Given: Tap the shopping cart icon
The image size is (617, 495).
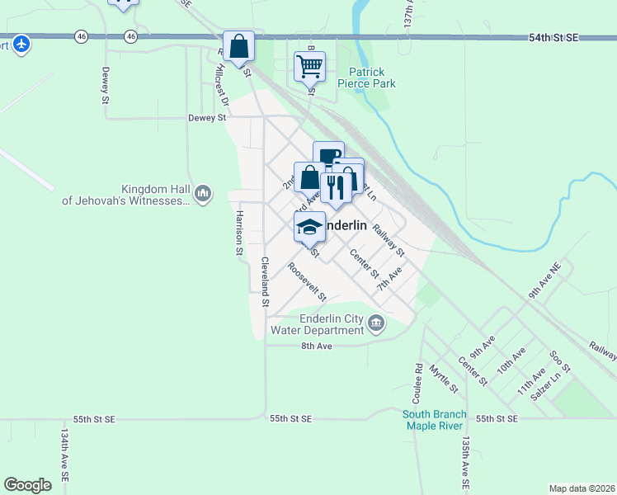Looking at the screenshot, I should coord(309,67).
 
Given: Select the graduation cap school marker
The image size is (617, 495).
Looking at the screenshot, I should coord(309,226).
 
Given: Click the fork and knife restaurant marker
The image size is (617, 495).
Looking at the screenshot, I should coord(336,189).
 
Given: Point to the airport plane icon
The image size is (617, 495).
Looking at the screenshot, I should coord(21,42).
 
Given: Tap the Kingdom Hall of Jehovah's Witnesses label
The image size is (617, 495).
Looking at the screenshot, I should coord(126,194).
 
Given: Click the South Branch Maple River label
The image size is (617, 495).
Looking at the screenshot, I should coord(435,420).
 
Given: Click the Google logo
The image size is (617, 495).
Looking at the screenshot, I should coord(27,485).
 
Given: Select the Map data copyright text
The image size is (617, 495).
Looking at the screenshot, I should coord(581,488).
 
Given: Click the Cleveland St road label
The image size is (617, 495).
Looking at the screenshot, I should coord(266,281).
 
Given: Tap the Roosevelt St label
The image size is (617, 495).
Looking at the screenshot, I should coord(308,281).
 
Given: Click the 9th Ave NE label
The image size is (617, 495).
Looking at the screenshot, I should coord(546,280).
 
